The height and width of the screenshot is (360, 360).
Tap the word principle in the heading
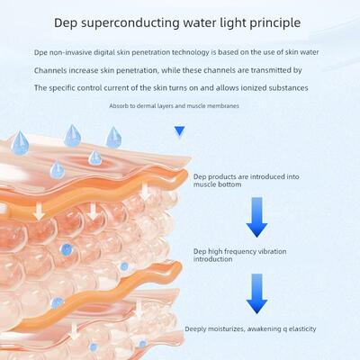[275, 23]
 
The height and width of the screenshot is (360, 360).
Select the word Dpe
[40, 52]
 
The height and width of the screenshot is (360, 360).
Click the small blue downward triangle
[179, 130]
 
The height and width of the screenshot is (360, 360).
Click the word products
[221, 177]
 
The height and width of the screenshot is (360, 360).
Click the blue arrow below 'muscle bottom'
[256, 217]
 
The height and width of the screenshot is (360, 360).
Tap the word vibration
[272, 251]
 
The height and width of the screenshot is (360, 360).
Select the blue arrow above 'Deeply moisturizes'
[256, 293]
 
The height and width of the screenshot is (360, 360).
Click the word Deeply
[195, 329]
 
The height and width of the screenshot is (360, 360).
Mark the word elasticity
[302, 329]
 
